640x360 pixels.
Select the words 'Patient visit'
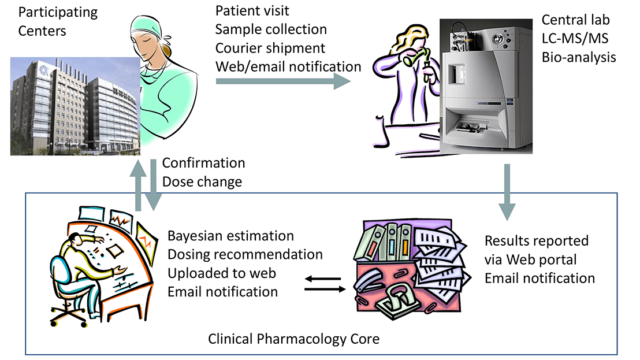click(252, 10)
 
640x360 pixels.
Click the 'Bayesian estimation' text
click(230, 236)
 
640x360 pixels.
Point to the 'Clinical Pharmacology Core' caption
click(294, 339)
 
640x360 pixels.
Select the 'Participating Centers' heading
click(50, 21)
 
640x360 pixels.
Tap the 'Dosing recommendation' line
click(245, 254)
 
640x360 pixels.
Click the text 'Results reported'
click(537, 240)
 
